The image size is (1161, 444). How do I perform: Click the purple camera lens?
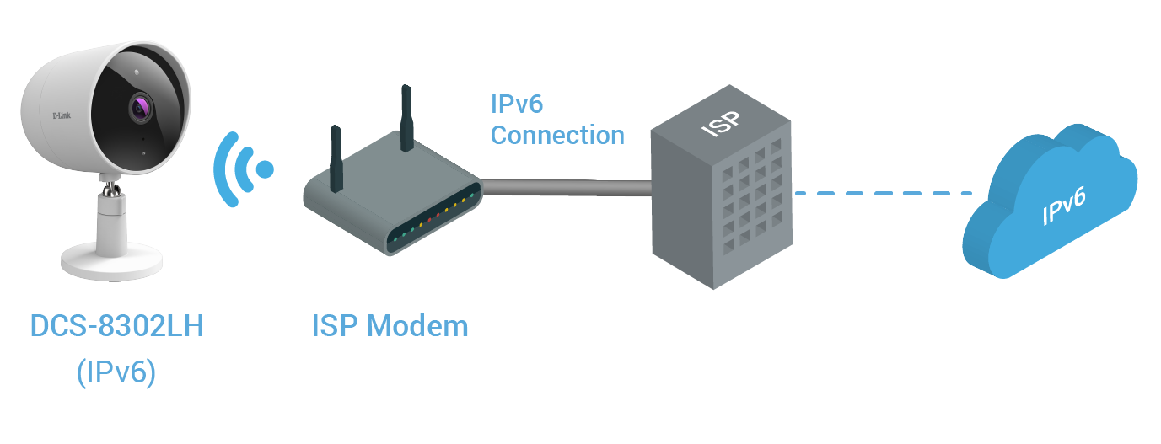[141, 108]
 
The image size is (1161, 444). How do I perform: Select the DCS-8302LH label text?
[117, 326]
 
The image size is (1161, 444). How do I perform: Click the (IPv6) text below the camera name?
[116, 372]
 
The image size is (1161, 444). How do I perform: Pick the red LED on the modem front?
[429, 219]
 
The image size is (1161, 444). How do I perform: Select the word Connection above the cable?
[557, 135]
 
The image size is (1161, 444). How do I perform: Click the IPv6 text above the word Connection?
[517, 104]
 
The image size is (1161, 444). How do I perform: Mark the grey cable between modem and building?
[565, 186]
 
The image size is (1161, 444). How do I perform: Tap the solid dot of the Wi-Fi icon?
[265, 169]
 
